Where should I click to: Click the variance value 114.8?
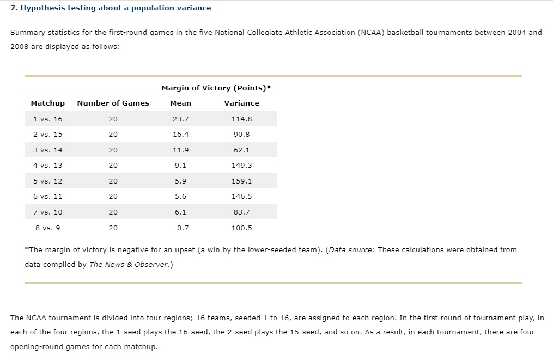coord(242,119)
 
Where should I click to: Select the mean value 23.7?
coord(180,119)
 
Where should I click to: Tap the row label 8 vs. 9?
coord(47,228)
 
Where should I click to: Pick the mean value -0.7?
coord(180,228)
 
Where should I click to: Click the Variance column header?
coord(242,103)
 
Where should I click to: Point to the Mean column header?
coord(180,103)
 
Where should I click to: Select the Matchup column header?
coord(48,103)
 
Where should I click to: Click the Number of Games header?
coord(113,103)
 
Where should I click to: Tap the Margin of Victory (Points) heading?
coord(216,88)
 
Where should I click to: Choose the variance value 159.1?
coord(242,181)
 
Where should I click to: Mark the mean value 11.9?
coord(180,150)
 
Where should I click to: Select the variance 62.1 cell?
coord(242,150)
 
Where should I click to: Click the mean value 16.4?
coord(180,135)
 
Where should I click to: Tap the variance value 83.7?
coord(242,212)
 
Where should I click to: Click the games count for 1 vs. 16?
coord(113,119)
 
